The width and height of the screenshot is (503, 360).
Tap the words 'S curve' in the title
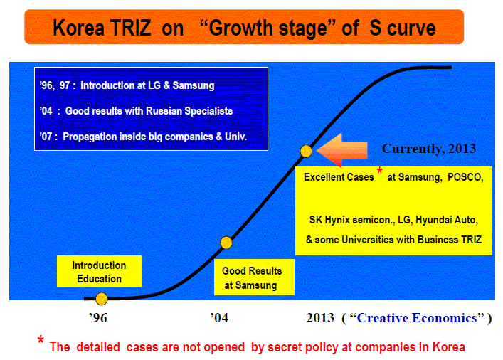pyautogui.click(x=402, y=28)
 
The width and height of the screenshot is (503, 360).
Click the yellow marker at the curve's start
pyautogui.click(x=101, y=299)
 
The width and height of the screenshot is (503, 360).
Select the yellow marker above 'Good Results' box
pyautogui.click(x=226, y=243)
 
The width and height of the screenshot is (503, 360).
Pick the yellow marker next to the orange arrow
pyautogui.click(x=306, y=151)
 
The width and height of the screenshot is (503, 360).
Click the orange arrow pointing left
pyautogui.click(x=342, y=150)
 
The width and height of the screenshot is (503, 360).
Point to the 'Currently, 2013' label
pyautogui.click(x=429, y=149)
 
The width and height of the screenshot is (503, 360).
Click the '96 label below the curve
pyautogui.click(x=98, y=317)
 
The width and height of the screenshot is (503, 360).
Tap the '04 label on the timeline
pyautogui.click(x=219, y=317)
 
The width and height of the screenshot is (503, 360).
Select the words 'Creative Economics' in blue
pyautogui.click(x=417, y=317)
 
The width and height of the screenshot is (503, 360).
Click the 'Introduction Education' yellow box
pyautogui.click(x=99, y=272)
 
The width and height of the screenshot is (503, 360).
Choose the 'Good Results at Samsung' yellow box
pyautogui.click(x=254, y=277)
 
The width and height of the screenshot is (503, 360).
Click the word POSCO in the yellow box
pyautogui.click(x=465, y=177)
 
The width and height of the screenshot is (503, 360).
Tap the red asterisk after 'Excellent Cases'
pyautogui.click(x=379, y=171)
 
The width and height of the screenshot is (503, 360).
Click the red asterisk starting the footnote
pyautogui.click(x=41, y=340)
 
